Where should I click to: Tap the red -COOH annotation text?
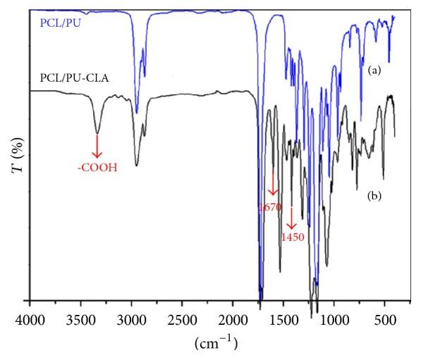click(x=97, y=168)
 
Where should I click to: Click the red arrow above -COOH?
click(x=97, y=146)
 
